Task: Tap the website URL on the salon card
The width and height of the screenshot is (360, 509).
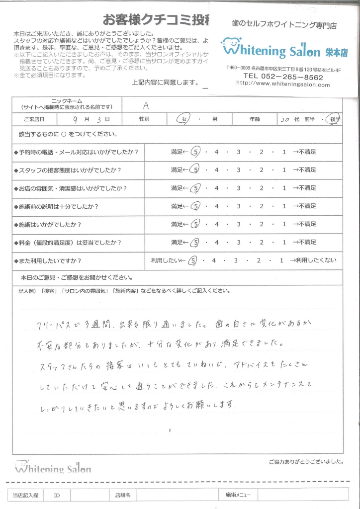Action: click(283, 85)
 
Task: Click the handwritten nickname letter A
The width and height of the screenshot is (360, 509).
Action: click(146, 105)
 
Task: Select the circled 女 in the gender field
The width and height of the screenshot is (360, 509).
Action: click(185, 120)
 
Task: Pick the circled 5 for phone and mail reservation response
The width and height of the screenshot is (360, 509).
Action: click(196, 152)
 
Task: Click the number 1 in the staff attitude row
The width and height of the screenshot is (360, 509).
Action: click(283, 170)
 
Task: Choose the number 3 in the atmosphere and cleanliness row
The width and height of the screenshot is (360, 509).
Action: click(239, 188)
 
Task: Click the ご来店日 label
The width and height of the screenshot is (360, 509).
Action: click(33, 120)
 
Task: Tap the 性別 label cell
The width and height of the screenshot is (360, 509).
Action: click(144, 120)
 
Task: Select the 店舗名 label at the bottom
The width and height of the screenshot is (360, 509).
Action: click(122, 495)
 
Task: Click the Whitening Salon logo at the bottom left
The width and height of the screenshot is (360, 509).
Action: click(53, 467)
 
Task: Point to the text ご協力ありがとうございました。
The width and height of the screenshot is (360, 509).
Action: click(305, 461)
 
